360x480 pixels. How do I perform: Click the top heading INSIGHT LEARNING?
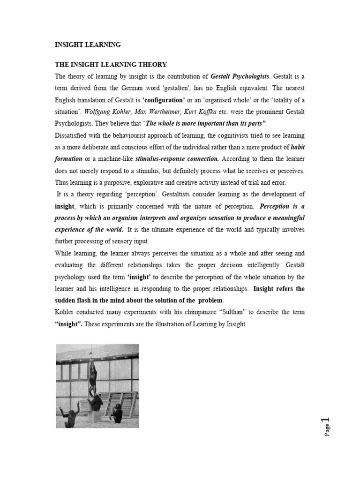click(x=88, y=45)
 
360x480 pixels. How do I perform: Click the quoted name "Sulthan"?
click(x=239, y=312)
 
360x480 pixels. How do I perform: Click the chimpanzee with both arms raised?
click(x=70, y=415)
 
